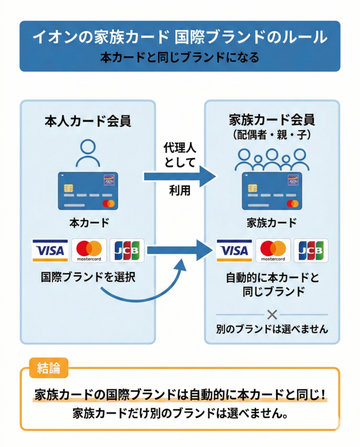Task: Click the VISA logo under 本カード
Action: (50, 251)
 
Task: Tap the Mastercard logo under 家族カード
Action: (273, 251)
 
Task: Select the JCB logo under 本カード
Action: (127, 251)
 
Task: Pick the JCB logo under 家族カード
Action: (311, 251)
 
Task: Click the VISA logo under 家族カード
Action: (234, 251)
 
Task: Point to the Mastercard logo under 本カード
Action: (89, 251)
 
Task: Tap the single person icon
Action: (88, 154)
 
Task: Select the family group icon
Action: (272, 159)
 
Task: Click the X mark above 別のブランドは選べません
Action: (272, 314)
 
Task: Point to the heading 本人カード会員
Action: (88, 121)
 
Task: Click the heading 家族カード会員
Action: (272, 119)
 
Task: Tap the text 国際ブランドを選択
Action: (88, 278)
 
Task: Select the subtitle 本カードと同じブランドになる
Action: (179, 57)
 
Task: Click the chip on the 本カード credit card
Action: (68, 188)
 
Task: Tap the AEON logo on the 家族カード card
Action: (292, 179)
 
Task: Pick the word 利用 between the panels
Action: (179, 191)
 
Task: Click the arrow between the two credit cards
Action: (179, 176)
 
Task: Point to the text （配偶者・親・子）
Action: (272, 135)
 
